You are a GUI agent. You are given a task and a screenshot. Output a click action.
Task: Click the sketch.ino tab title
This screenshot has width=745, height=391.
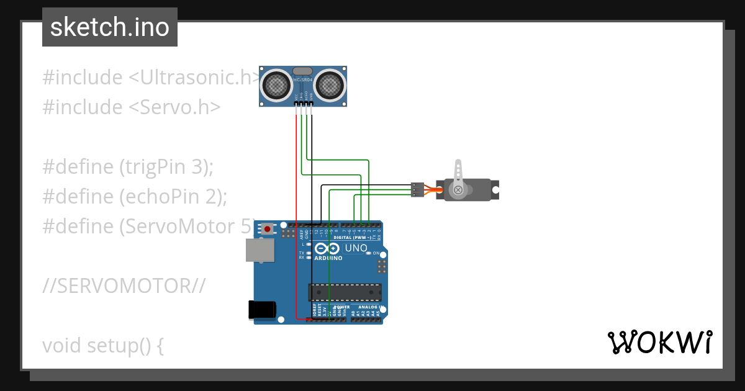tap(109, 27)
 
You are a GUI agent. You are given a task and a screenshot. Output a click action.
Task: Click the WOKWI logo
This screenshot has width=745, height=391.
tap(659, 343)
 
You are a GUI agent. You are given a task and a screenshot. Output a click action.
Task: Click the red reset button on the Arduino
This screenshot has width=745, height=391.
tap(268, 228)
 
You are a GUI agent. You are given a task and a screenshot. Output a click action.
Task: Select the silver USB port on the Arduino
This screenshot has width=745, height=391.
tap(260, 250)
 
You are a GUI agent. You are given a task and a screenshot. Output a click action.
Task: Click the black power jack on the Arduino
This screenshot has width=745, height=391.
tap(262, 310)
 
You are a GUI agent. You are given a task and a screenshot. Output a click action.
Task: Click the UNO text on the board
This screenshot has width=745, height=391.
tap(356, 248)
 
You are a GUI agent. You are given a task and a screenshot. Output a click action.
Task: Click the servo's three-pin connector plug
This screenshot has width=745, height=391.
tap(418, 189)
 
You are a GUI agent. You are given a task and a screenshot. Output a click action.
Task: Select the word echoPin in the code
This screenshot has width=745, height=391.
tap(160, 197)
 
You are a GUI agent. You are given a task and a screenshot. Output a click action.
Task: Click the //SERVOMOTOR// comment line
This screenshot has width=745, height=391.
tap(124, 286)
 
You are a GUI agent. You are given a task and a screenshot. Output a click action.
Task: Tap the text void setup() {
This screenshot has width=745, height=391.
tap(102, 345)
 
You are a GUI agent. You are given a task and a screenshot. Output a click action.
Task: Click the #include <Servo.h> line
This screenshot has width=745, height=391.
tap(131, 107)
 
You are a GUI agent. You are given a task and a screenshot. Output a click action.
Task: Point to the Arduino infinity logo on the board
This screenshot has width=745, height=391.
tap(327, 248)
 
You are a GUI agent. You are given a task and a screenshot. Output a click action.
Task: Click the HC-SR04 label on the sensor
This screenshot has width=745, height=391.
tap(302, 79)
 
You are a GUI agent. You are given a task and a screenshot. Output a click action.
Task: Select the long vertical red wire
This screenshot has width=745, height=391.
tap(296, 217)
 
